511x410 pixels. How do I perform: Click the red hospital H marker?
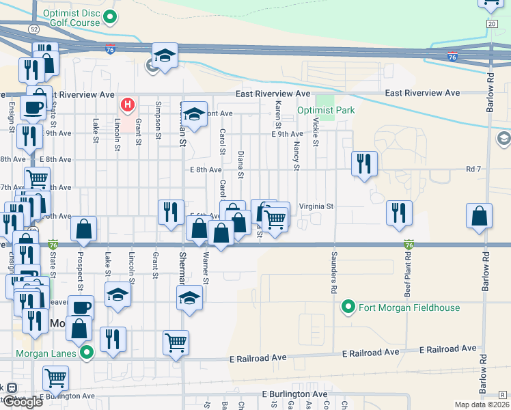(127, 105)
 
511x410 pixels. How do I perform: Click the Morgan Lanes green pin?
(87, 353)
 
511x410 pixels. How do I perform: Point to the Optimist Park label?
(326, 110)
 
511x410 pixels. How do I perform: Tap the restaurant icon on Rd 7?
(364, 163)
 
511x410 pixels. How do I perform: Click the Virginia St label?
(316, 206)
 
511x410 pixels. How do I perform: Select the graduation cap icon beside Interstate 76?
(165, 55)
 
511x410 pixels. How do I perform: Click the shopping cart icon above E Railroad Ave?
(176, 342)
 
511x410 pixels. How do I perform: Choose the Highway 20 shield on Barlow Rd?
(491, 24)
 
